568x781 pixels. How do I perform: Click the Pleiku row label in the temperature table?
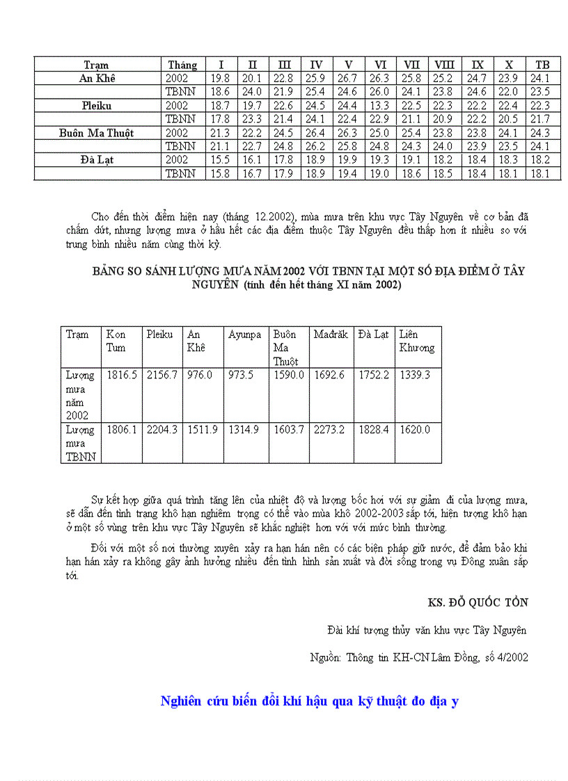pyautogui.click(x=97, y=106)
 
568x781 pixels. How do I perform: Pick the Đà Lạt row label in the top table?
pyautogui.click(x=97, y=160)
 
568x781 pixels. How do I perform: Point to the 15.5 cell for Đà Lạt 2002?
pyautogui.click(x=220, y=160)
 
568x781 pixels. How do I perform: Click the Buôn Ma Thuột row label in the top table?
pyautogui.click(x=97, y=133)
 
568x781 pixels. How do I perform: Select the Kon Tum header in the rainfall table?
pyautogui.click(x=116, y=341)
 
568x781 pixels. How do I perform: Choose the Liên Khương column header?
pyautogui.click(x=416, y=341)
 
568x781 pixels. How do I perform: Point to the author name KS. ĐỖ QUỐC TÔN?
pyautogui.click(x=478, y=602)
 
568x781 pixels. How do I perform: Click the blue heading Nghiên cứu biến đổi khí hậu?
pyautogui.click(x=309, y=701)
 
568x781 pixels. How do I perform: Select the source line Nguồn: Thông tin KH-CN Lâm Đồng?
pyautogui.click(x=418, y=657)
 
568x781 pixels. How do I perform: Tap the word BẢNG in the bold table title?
pyautogui.click(x=108, y=271)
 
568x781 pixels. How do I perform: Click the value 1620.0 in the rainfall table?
pyautogui.click(x=415, y=430)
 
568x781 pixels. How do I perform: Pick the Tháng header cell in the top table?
pyautogui.click(x=182, y=65)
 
